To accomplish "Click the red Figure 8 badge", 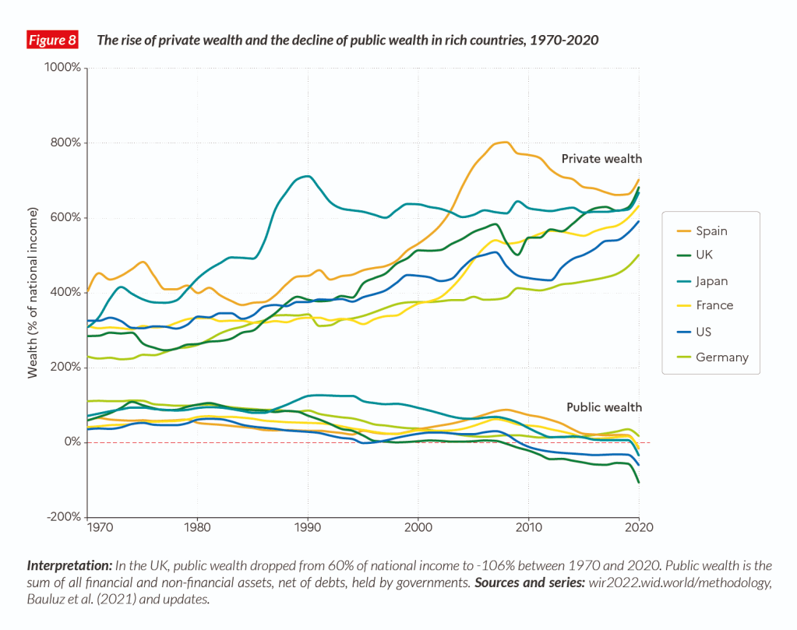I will (x=52, y=40).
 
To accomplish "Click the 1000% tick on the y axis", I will (x=65, y=68).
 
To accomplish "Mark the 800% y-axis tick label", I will (x=66, y=143).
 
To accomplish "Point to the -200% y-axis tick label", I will (x=64, y=517).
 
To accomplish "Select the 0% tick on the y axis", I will (x=73, y=442).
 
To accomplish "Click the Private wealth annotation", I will (x=601, y=159).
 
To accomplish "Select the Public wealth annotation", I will (x=604, y=407).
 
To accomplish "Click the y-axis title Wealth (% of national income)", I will (x=33, y=293).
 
